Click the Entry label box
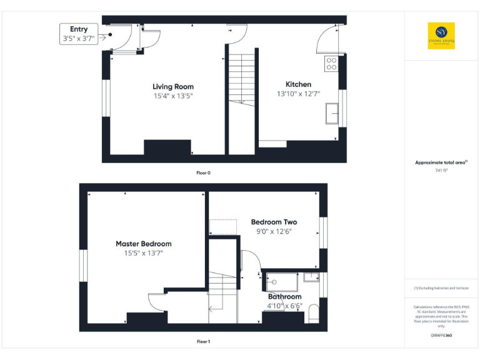click(x=79, y=34)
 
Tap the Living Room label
click(x=173, y=86)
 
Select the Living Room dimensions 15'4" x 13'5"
click(x=173, y=96)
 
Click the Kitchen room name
click(x=298, y=84)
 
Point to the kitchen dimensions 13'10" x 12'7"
click(x=298, y=94)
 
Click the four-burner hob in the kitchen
click(x=331, y=63)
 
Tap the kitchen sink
click(x=331, y=114)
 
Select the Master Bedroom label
click(x=143, y=244)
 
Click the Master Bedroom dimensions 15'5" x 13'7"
click(x=143, y=254)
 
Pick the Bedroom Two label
click(x=274, y=222)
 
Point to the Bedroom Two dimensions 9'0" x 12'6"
click(x=274, y=232)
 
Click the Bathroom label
click(x=285, y=297)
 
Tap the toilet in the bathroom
click(x=313, y=315)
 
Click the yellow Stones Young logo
click(x=441, y=36)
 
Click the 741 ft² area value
click(x=441, y=170)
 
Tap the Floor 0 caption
click(x=203, y=172)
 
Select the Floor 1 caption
click(x=203, y=342)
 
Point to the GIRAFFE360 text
click(x=441, y=336)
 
